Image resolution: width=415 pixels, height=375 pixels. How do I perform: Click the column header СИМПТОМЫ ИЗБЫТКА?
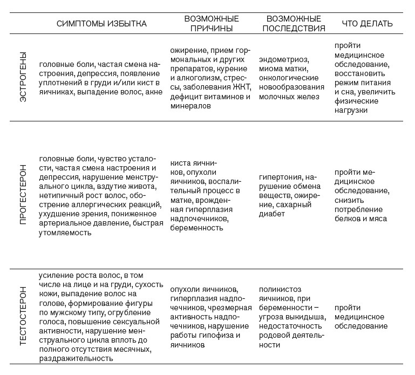[x=102, y=24]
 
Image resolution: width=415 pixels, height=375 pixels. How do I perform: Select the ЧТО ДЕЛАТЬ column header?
[x=368, y=24]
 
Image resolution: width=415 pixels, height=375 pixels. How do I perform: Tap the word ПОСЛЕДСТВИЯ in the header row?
[x=294, y=29]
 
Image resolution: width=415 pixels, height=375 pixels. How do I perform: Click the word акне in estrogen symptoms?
[x=154, y=92]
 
